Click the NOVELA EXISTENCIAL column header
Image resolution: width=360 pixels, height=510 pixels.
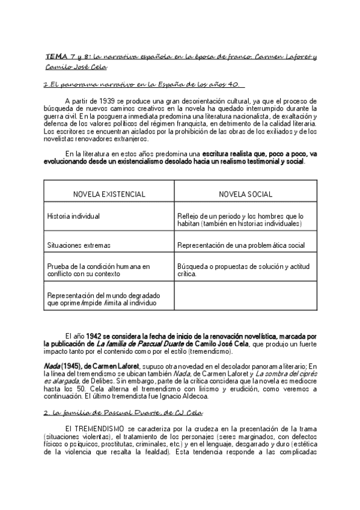[109, 194]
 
